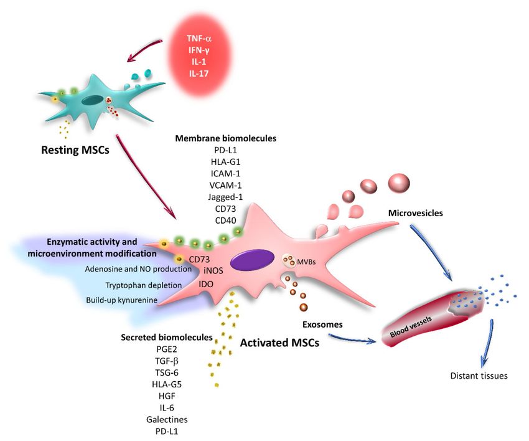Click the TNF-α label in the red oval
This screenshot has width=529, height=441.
click(x=199, y=39)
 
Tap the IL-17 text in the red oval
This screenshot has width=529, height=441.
click(x=199, y=73)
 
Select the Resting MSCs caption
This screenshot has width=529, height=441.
click(x=75, y=149)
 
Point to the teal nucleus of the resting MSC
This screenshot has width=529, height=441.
click(x=92, y=100)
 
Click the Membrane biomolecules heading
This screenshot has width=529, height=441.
click(x=225, y=138)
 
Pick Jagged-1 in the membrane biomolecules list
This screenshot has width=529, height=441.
click(x=225, y=197)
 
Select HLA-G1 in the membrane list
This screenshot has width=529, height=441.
click(x=225, y=162)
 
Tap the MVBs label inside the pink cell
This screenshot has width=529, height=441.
click(x=306, y=262)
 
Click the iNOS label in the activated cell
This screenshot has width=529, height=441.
click(x=213, y=270)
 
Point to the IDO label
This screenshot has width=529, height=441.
click(x=206, y=284)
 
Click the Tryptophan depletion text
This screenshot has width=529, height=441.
click(x=143, y=285)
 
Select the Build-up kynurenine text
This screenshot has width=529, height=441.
click(x=121, y=300)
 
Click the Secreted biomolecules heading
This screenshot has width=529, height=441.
click(x=167, y=338)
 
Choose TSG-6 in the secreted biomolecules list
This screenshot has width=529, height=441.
click(x=167, y=372)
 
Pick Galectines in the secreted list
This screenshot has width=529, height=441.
click(x=167, y=419)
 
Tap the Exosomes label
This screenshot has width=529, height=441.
click(x=322, y=325)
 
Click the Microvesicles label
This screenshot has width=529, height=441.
click(x=415, y=213)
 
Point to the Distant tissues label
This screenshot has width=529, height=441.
click(x=479, y=376)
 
